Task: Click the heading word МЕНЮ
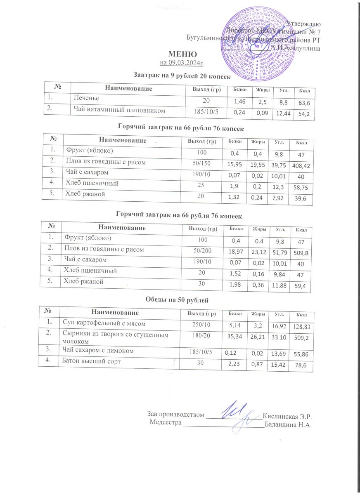182,54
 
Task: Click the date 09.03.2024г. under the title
182,63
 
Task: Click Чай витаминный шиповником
119,110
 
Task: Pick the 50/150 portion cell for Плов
200,163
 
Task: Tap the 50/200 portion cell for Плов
200,250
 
